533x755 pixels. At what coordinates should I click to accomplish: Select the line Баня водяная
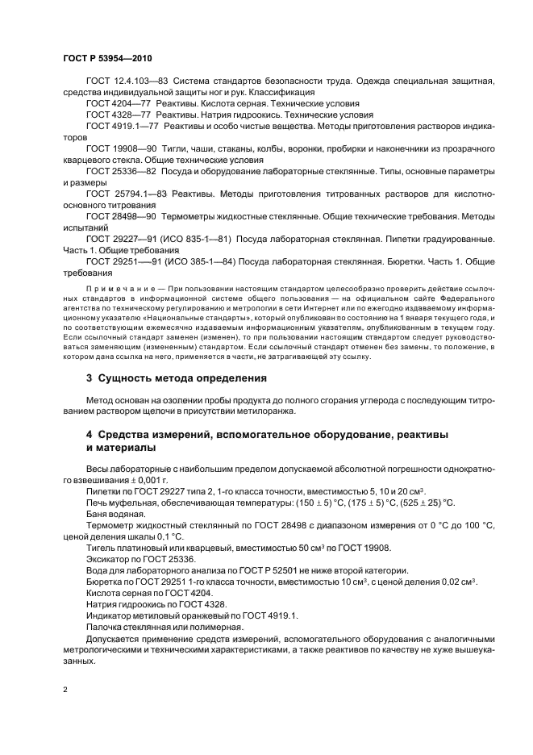point(115,514)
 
